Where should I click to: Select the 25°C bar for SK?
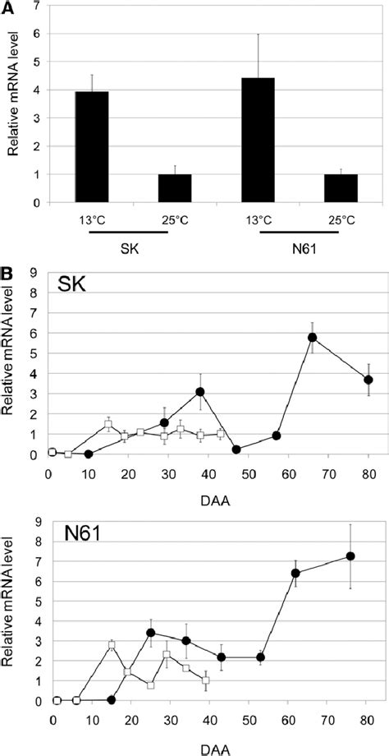tap(175, 188)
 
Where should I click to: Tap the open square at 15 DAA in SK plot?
tap(108, 425)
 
